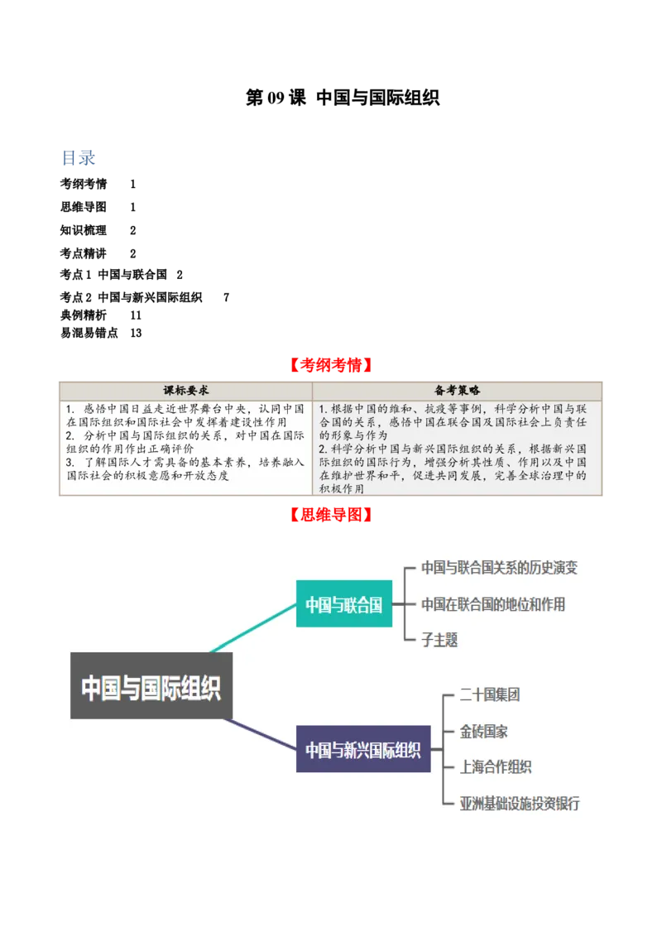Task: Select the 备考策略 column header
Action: (458, 390)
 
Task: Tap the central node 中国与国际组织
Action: (151, 686)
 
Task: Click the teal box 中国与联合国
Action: (344, 604)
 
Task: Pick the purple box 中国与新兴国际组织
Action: (363, 749)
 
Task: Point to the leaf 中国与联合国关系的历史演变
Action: (499, 568)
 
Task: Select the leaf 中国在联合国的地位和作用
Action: (493, 604)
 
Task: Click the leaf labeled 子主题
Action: (439, 640)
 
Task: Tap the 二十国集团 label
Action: (490, 695)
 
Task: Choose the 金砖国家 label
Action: (484, 732)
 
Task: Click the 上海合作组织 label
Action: (496, 767)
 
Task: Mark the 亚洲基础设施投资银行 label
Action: (520, 804)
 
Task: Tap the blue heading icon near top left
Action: (79, 159)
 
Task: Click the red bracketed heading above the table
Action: (331, 365)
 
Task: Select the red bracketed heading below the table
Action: (331, 515)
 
